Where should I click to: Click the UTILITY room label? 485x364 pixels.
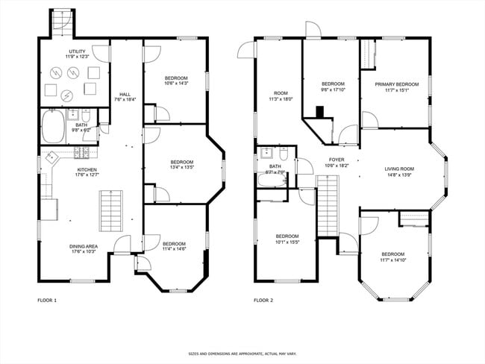tap(77, 51)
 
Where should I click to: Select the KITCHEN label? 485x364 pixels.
tap(87, 169)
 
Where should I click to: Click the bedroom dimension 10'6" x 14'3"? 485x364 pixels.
tap(176, 84)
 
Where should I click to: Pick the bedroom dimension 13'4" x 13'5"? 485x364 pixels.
tap(181, 168)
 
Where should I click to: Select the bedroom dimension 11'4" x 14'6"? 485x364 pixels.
tap(174, 249)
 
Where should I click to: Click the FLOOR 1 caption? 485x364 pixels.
tap(47, 301)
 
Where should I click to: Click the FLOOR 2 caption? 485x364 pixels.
tap(263, 301)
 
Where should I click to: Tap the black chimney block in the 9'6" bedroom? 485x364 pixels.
tap(320, 113)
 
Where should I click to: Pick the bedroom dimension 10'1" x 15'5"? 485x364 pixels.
tap(287, 242)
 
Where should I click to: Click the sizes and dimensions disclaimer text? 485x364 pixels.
tap(242, 354)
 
